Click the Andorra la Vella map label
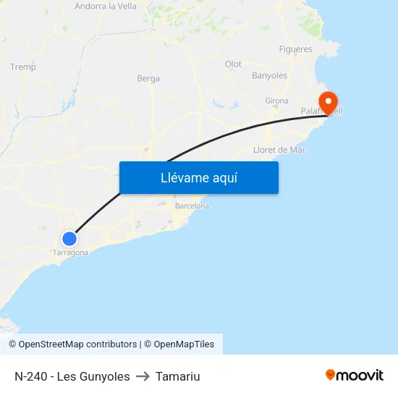(x=106, y=7)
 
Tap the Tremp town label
(x=23, y=67)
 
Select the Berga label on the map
(x=148, y=79)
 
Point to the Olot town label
(x=233, y=64)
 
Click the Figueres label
(x=295, y=49)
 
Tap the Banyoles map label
(x=269, y=75)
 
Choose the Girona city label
(x=276, y=101)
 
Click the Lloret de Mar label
(x=279, y=150)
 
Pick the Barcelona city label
(x=192, y=206)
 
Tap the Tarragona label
(x=70, y=253)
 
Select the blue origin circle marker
(x=69, y=238)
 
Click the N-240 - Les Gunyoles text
(x=72, y=376)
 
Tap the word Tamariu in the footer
(x=177, y=376)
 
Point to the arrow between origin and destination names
(x=143, y=376)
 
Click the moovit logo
(x=354, y=375)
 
